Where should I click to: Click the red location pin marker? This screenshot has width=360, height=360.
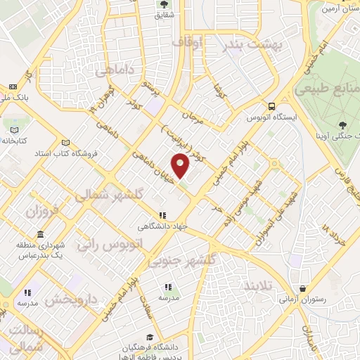click(181, 165)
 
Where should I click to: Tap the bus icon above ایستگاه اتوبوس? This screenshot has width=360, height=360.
click(271, 106)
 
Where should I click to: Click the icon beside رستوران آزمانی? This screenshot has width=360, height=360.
click(302, 288)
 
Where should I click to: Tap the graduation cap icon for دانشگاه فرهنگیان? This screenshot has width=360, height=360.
click(149, 337)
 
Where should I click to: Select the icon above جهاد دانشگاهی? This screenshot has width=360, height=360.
click(162, 215)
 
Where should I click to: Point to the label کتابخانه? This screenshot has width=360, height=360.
click(13, 141)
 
